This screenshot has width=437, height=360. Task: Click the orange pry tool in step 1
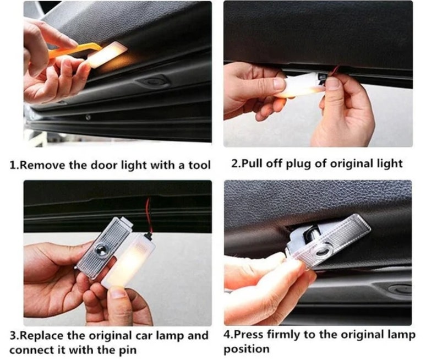pyautogui.click(x=66, y=53)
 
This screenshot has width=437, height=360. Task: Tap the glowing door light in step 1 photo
pyautogui.click(x=107, y=55)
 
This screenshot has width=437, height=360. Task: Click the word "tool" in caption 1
pyautogui.click(x=198, y=165)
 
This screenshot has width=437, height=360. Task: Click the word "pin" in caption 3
pyautogui.click(x=123, y=350)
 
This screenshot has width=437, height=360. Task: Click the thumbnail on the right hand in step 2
pyautogui.click(x=334, y=83)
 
